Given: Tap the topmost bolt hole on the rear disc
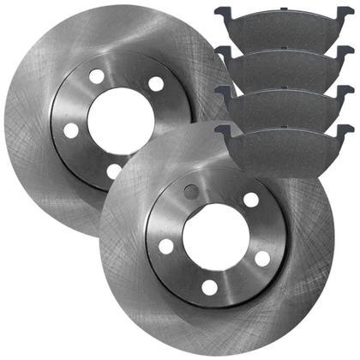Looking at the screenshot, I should [x=97, y=77].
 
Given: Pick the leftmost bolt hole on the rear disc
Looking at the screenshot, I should [x=71, y=130].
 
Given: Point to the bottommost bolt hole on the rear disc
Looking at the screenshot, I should [x=115, y=171].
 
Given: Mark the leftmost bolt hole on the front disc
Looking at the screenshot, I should [x=166, y=246].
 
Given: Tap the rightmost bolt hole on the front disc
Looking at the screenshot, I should [x=262, y=257].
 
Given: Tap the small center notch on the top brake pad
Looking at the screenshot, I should [x=283, y=16].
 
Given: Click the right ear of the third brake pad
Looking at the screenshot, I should [x=347, y=91].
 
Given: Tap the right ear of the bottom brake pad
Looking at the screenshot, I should [x=347, y=129].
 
